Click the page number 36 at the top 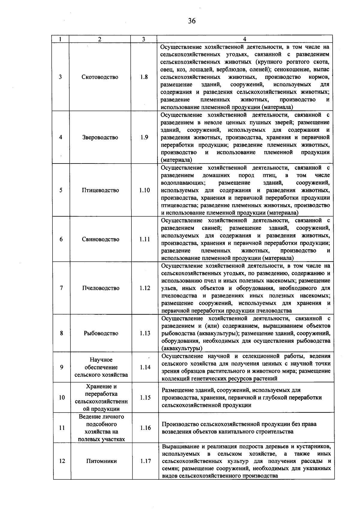192,21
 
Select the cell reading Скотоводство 100,77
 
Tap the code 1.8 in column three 144,77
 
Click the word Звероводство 100,137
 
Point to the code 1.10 145,190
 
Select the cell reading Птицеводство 100,190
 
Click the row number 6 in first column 61,239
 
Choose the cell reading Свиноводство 100,239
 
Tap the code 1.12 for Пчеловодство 145,288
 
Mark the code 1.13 145,333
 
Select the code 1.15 145,397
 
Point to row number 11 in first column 62,428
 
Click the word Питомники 101,461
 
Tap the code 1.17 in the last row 145,461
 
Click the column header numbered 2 100,39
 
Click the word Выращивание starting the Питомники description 178,446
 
